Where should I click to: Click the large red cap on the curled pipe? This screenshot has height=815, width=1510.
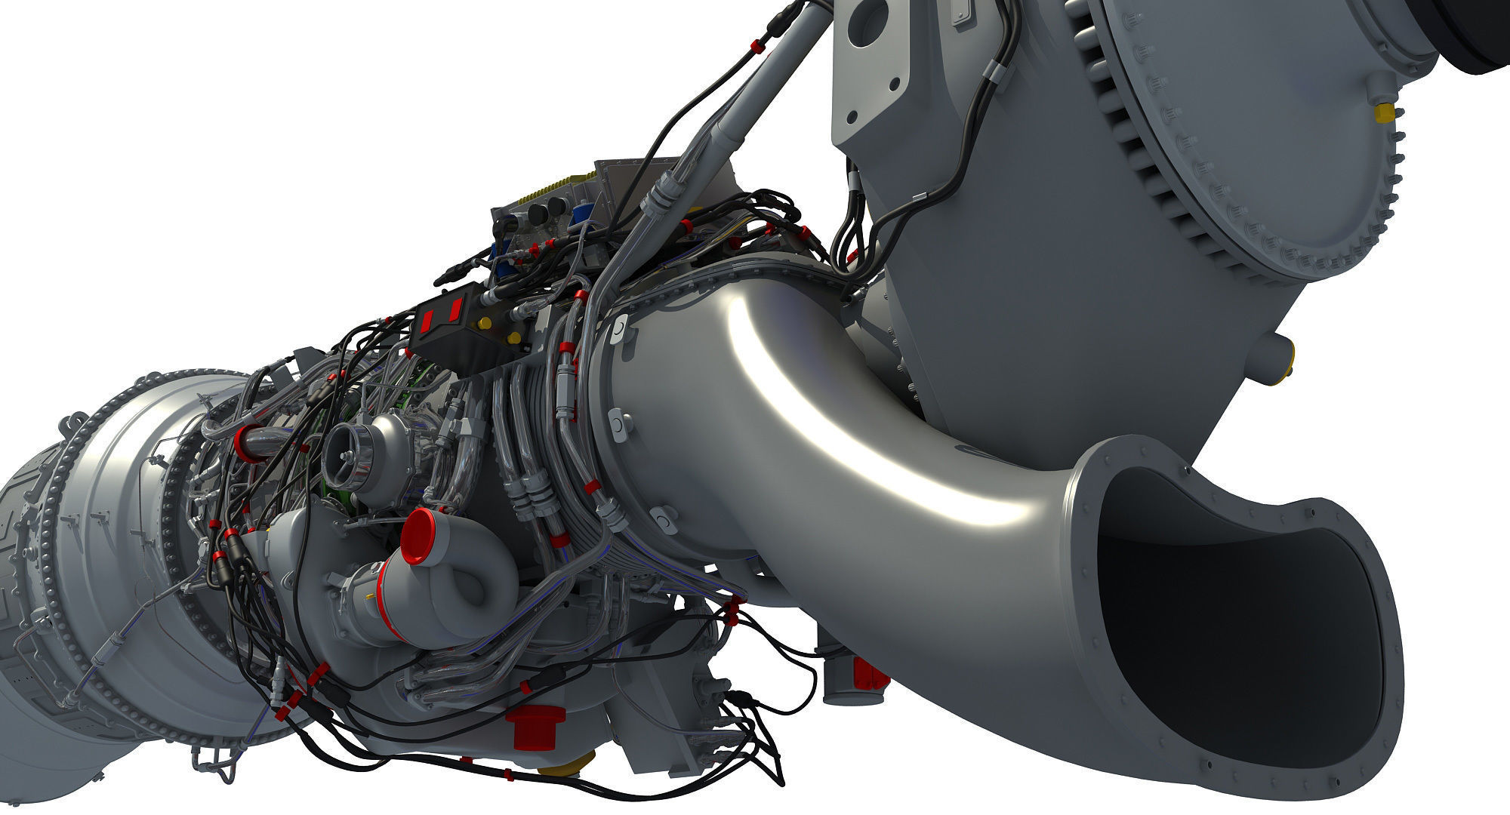click(x=418, y=536)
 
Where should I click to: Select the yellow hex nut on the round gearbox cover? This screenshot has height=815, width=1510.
click(x=1384, y=113)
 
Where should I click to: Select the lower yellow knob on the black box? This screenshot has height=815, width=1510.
click(x=513, y=338)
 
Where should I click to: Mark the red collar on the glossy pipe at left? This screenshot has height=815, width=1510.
click(x=245, y=444)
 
